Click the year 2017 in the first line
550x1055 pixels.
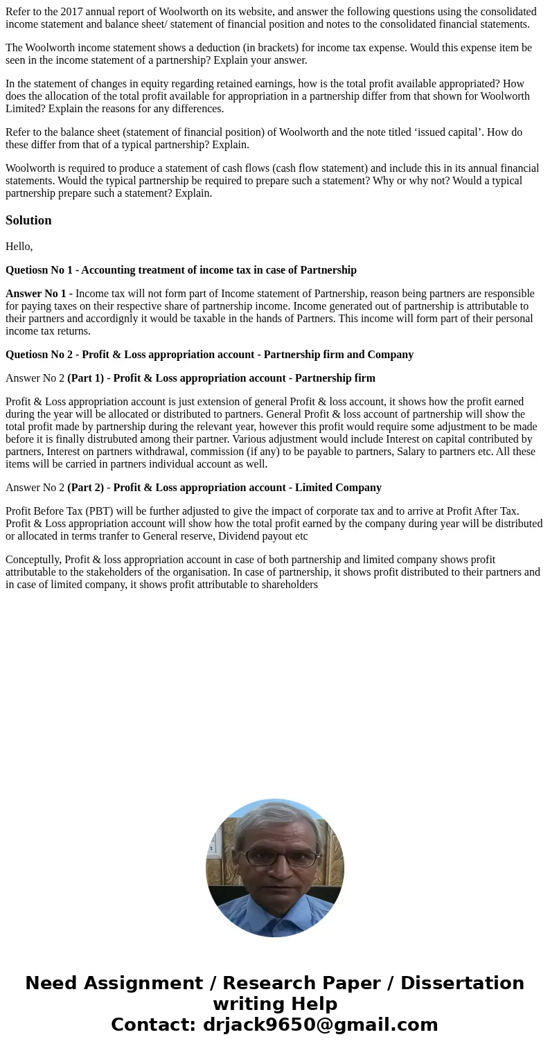pyautogui.click(x=71, y=12)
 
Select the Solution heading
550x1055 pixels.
pyautogui.click(x=28, y=220)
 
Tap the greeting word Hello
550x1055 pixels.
pyautogui.click(x=18, y=247)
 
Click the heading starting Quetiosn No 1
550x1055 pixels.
pyautogui.click(x=181, y=270)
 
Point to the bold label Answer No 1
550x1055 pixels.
pyautogui.click(x=39, y=294)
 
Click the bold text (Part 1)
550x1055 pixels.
pyautogui.click(x=85, y=378)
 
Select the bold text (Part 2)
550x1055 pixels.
pyautogui.click(x=85, y=488)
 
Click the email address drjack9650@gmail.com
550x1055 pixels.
pyautogui.click(x=321, y=1025)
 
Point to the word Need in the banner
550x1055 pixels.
pyautogui.click(x=53, y=984)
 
